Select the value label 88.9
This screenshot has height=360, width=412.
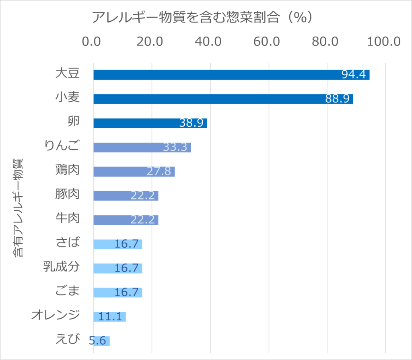point(337,99)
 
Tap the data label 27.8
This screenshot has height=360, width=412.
point(159,171)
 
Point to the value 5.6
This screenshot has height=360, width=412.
point(97,341)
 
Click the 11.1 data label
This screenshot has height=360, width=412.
point(110,317)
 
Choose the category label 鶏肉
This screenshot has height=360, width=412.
point(67,170)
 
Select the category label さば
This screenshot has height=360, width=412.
point(67,243)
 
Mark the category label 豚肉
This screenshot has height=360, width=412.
point(67,194)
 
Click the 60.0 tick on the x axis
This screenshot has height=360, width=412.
point(269,41)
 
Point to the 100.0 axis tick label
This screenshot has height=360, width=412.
point(385,41)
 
